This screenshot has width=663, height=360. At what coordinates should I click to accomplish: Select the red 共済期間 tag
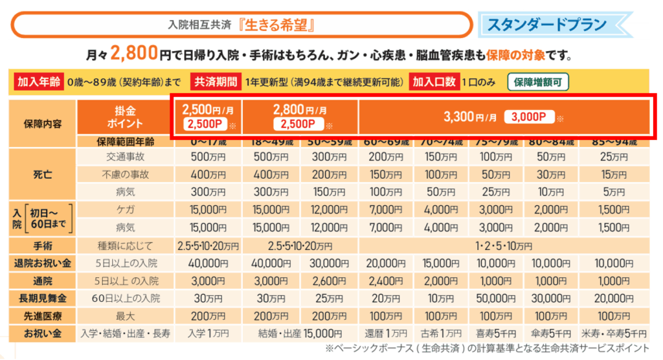coord(215,82)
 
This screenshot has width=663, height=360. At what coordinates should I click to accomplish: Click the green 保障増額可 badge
coord(541,82)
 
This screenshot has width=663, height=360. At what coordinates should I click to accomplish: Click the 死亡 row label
coord(42,174)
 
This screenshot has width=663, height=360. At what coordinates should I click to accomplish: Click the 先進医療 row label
coord(42,317)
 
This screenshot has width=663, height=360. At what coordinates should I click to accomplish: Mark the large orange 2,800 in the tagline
coord(134,53)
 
